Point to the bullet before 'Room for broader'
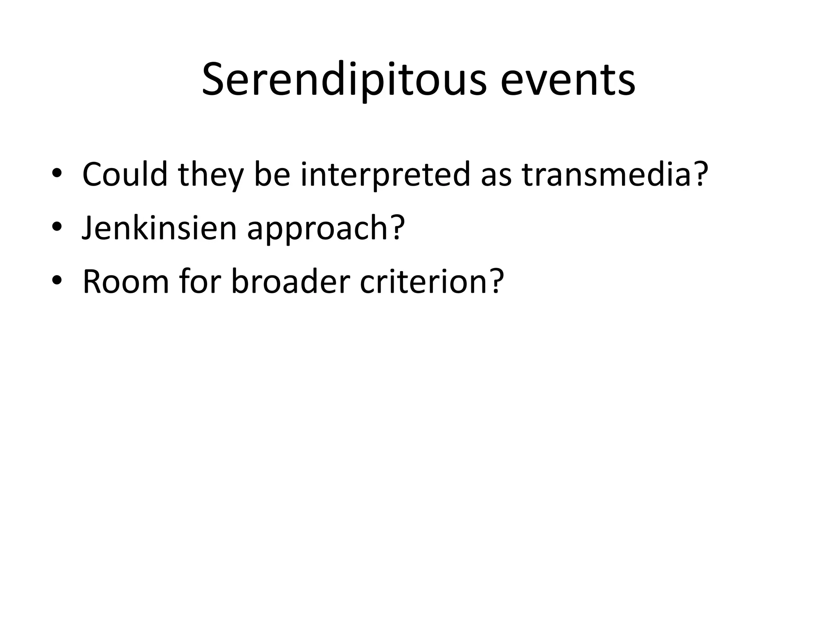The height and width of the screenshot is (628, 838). click(57, 280)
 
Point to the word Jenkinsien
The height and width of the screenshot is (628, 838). click(160, 228)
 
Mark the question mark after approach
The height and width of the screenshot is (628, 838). click(396, 228)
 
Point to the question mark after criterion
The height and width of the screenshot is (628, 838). click(494, 281)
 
